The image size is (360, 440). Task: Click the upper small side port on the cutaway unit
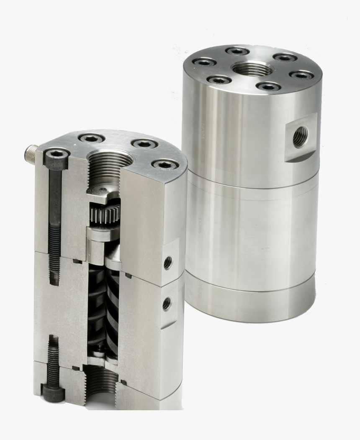[x=168, y=262]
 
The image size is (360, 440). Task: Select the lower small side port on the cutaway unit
[x=167, y=303]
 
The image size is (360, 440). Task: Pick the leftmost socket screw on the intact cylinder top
[x=204, y=62]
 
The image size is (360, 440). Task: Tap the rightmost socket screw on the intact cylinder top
[x=301, y=75]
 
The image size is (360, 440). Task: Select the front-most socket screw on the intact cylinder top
[x=268, y=86]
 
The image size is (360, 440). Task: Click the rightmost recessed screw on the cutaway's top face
[x=165, y=164]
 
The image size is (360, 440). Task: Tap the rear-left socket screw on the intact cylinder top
[x=237, y=51]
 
